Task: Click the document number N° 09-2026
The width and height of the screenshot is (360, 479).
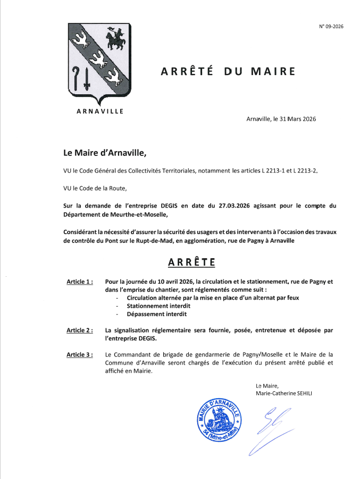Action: [331, 26]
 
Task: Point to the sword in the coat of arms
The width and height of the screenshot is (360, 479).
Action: [87, 79]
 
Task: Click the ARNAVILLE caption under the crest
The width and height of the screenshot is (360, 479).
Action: [100, 111]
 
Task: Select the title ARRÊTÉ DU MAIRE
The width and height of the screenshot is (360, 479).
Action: [228, 71]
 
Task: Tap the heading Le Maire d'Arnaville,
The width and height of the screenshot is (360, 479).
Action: [104, 153]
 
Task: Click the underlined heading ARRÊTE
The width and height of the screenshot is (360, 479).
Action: [192, 262]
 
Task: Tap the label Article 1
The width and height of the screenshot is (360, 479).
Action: [80, 281]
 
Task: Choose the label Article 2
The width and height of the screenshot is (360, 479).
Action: [80, 330]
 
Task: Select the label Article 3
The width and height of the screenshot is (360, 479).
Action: [80, 354]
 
